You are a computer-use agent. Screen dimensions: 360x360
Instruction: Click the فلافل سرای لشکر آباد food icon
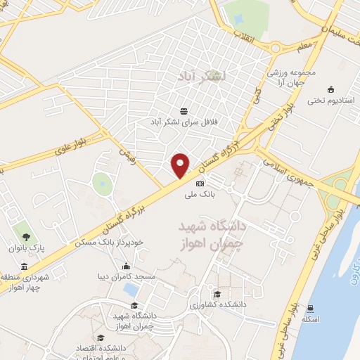tap(184, 111)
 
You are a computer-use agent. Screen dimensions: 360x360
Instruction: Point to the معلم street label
tap(304, 47)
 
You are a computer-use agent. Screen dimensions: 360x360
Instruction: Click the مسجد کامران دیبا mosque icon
tap(126, 266)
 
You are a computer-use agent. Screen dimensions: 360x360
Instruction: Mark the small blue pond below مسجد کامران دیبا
tap(130, 288)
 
